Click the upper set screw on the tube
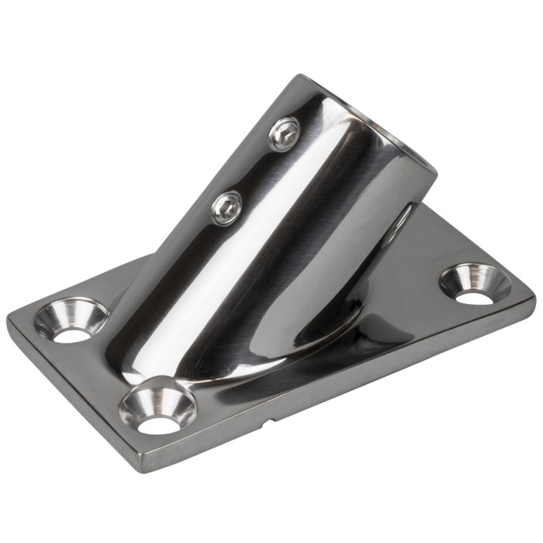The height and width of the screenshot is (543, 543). click(284, 134)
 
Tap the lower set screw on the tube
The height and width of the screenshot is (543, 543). click(227, 206)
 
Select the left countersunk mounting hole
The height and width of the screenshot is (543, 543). click(71, 319)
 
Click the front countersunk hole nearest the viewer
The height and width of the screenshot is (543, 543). click(157, 405)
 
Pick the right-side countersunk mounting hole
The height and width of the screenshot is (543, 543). click(475, 283)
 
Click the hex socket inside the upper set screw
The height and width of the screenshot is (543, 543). click(285, 134)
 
